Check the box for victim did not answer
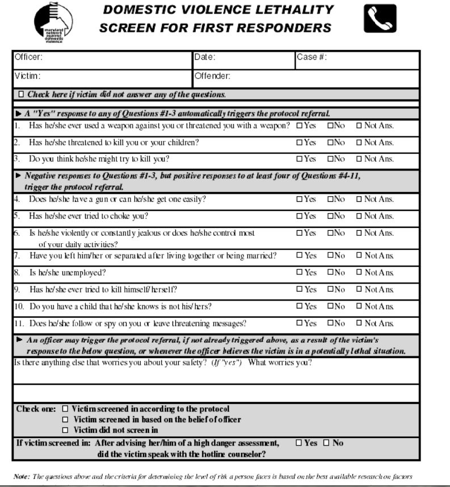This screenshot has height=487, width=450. click(22, 94)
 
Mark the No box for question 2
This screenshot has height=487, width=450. click(330, 143)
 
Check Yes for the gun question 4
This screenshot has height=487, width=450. click(299, 199)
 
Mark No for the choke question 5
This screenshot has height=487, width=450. click(330, 217)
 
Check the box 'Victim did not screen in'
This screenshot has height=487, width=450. click(65, 430)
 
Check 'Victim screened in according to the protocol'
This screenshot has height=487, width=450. click(65, 409)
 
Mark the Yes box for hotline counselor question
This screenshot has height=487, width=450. click(299, 443)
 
